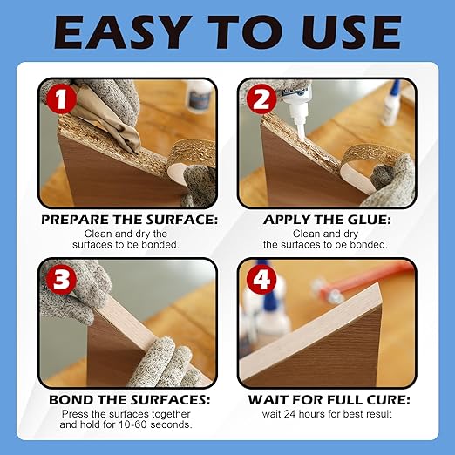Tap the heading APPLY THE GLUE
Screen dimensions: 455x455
(327, 221)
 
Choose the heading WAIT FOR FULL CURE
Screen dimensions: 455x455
(327, 400)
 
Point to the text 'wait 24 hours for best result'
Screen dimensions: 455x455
(327, 413)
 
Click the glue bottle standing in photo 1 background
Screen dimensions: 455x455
(199, 96)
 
